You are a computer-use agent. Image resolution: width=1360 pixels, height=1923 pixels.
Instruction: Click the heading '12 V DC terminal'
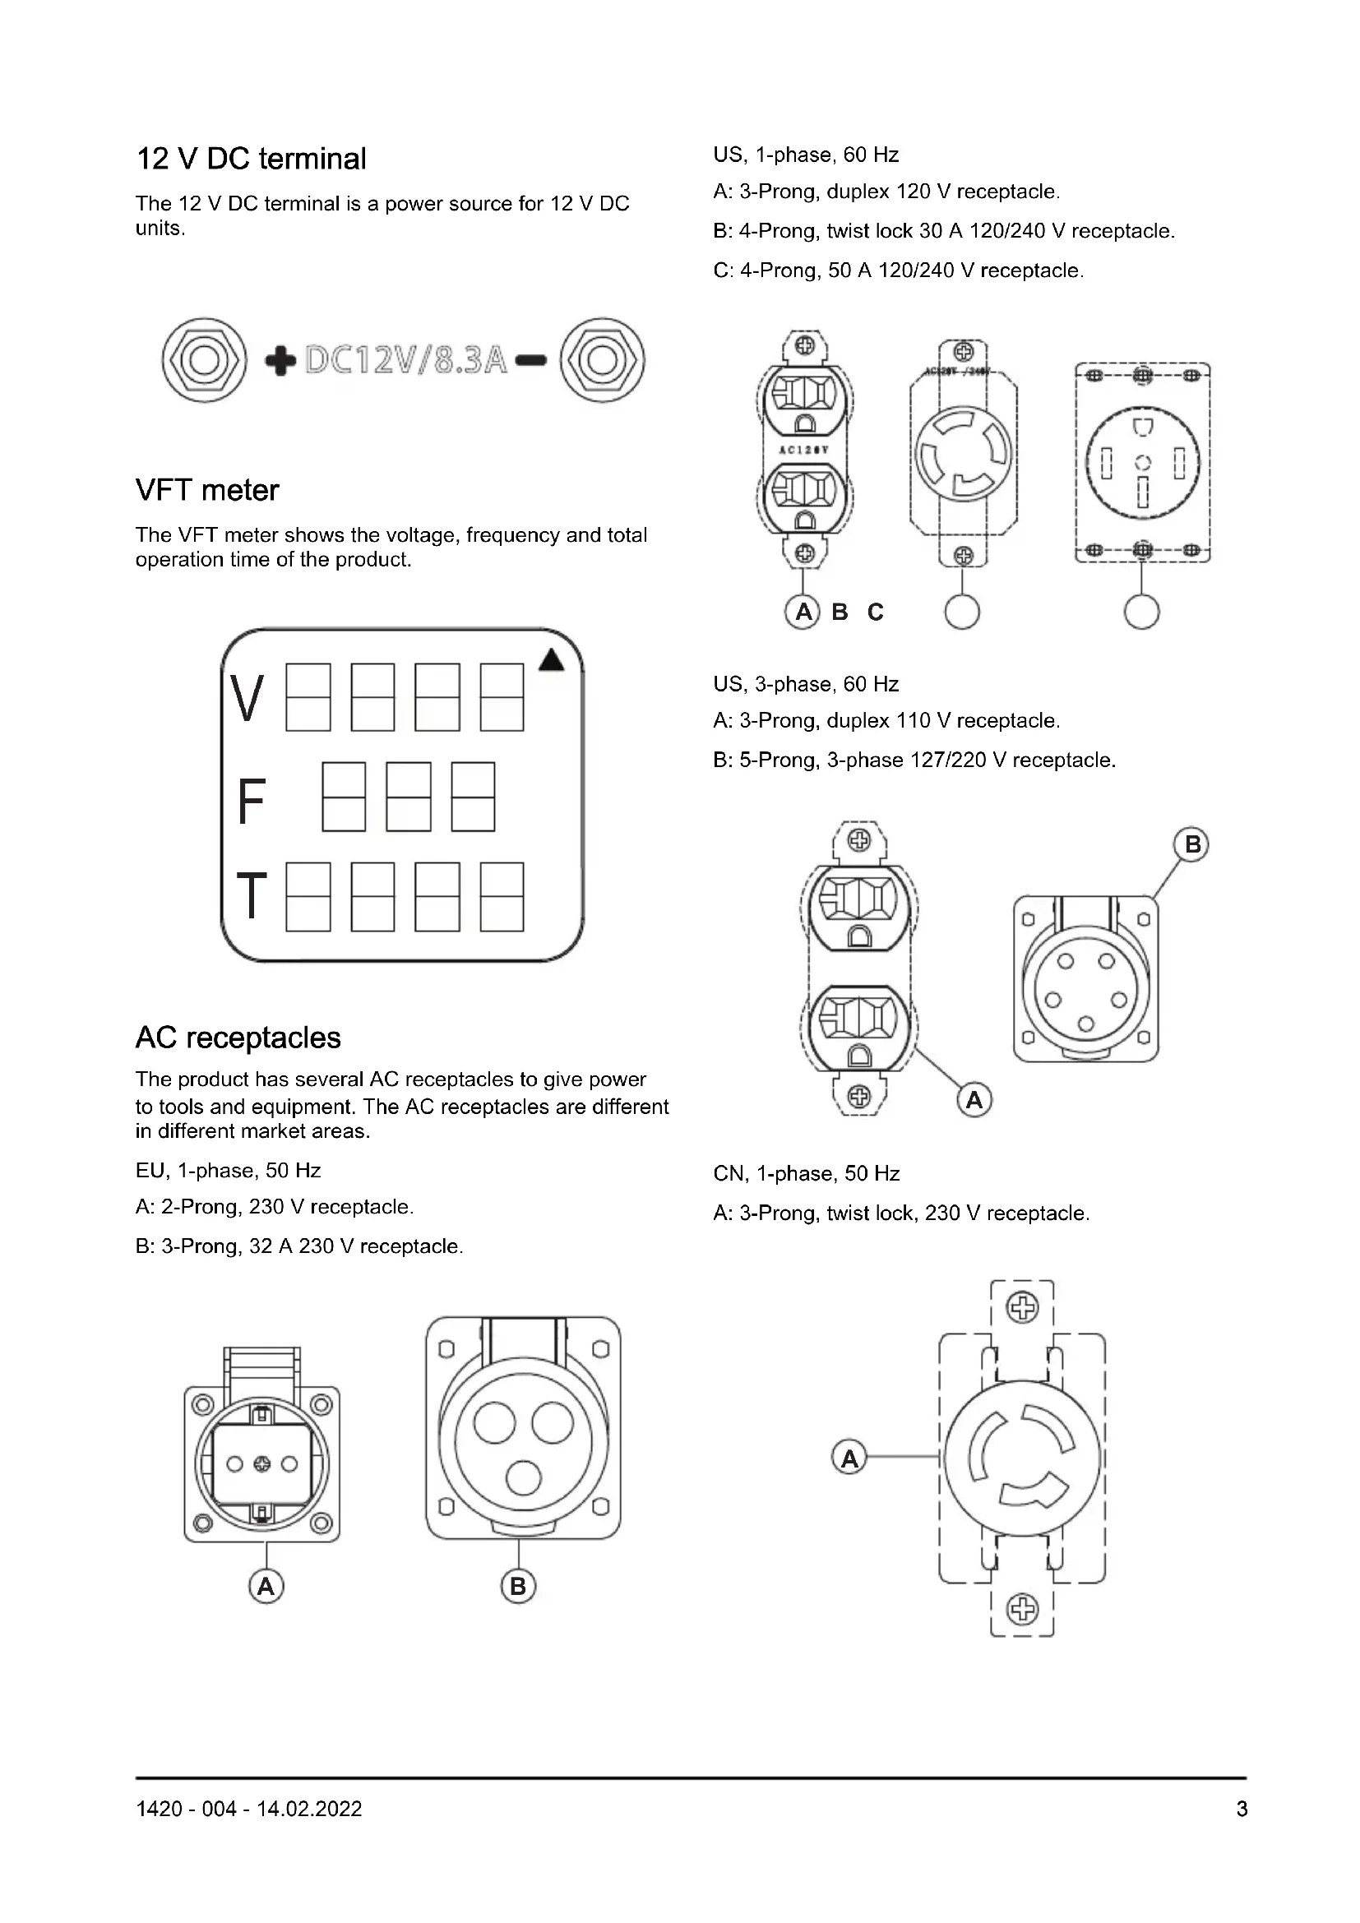(251, 159)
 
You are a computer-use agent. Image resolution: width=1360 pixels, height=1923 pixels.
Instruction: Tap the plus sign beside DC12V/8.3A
(280, 361)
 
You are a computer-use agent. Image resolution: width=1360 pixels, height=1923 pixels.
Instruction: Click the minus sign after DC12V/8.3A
(531, 361)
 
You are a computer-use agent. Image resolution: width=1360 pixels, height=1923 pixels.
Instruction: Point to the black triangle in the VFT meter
(551, 661)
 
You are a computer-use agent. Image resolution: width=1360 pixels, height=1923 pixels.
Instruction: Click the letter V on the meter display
(247, 699)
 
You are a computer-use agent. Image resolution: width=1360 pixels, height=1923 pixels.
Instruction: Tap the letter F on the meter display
(252, 802)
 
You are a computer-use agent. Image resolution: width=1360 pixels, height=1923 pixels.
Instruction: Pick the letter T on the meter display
(252, 895)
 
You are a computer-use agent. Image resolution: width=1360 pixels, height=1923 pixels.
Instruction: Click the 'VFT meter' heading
(207, 490)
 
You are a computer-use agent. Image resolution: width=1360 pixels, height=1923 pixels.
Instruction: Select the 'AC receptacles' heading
(238, 1038)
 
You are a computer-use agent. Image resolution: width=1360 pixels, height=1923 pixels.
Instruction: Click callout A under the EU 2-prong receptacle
(266, 1586)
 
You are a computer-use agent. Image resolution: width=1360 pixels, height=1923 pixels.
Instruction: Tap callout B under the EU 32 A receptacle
(517, 1586)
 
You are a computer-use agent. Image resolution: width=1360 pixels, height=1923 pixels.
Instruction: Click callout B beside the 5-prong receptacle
(1192, 844)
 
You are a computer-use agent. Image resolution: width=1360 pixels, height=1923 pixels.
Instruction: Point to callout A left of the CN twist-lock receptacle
(849, 1459)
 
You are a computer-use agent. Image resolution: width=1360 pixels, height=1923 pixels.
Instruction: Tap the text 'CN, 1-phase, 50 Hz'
(806, 1173)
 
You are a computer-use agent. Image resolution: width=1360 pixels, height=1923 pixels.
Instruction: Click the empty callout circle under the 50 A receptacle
(1141, 612)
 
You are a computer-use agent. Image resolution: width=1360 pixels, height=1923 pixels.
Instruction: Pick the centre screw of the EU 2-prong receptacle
(262, 1464)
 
